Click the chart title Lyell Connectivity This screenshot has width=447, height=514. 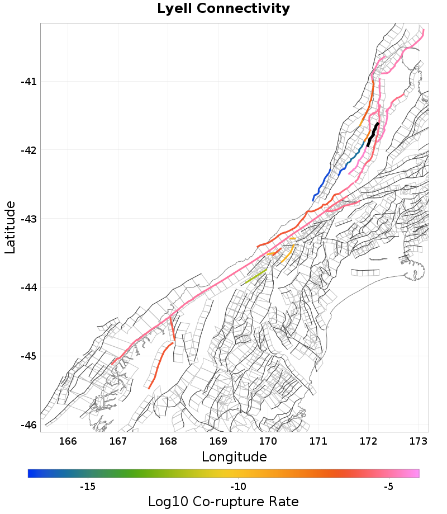click(x=223, y=9)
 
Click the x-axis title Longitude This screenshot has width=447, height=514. click(x=234, y=457)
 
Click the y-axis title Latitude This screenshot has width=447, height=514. click(x=10, y=228)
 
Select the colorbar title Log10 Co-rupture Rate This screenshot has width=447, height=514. click(x=223, y=501)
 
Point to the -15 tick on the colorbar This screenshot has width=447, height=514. click(x=88, y=487)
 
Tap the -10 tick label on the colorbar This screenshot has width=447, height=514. click(x=239, y=487)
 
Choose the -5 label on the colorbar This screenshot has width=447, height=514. click(x=389, y=487)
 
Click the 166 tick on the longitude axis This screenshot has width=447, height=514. click(x=68, y=441)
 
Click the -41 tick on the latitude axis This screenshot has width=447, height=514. click(x=28, y=82)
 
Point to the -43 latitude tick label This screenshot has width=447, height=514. click(x=28, y=219)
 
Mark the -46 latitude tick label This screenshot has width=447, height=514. click(x=28, y=425)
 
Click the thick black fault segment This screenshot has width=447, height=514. click(x=373, y=134)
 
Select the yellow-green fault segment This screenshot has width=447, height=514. click(x=256, y=275)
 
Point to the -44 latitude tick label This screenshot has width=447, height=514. click(x=28, y=287)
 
